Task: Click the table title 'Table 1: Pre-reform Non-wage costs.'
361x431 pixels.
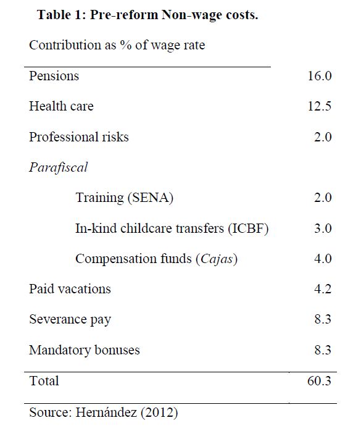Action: (x=147, y=15)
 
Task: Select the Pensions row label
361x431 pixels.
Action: (x=54, y=76)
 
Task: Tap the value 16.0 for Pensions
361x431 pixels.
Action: (x=320, y=76)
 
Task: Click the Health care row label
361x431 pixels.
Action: (x=61, y=106)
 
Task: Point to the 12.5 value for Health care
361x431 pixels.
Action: (x=320, y=106)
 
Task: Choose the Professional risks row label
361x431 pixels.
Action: (x=79, y=137)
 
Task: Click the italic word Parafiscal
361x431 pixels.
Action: (x=58, y=167)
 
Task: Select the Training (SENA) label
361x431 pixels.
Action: (x=125, y=198)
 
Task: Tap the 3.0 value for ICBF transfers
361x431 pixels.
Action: (x=323, y=228)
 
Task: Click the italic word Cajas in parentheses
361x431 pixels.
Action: (x=217, y=259)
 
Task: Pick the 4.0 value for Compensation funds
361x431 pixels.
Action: (x=323, y=259)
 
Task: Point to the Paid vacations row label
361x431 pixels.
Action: (x=70, y=289)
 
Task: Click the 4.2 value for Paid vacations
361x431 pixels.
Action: (x=323, y=289)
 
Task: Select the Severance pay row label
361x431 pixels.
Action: (x=70, y=320)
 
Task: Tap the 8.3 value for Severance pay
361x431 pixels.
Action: (x=323, y=319)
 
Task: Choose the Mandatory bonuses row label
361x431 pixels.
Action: (x=85, y=350)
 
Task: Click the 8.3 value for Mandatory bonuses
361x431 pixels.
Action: (x=323, y=350)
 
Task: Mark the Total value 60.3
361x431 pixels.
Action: (x=320, y=381)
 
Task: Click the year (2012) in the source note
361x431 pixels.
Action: (x=159, y=412)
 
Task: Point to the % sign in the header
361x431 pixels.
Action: (x=125, y=45)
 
